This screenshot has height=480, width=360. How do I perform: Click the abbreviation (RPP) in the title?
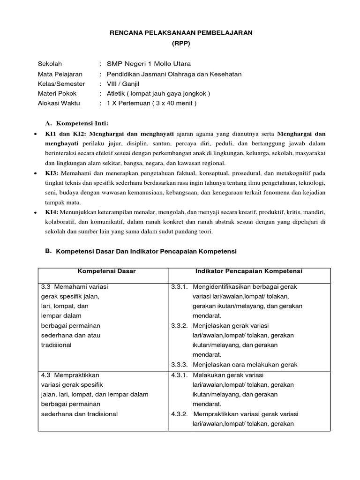(x=180, y=43)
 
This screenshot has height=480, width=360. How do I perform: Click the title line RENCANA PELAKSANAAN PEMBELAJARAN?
(x=180, y=32)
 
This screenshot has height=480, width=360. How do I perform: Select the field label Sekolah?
(x=50, y=64)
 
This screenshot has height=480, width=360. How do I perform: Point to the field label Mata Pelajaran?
(x=60, y=74)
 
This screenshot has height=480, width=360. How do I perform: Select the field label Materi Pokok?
(x=57, y=93)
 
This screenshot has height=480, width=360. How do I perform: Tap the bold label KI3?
(x=51, y=173)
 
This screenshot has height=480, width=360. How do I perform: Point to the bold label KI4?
(x=51, y=212)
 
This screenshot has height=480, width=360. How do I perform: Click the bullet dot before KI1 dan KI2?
(x=36, y=134)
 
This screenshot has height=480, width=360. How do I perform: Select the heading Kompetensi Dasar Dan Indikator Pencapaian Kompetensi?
(x=146, y=251)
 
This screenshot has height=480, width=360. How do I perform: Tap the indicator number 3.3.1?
(x=179, y=286)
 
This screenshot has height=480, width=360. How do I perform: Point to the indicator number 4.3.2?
(x=179, y=414)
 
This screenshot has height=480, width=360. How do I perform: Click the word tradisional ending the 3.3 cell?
(x=56, y=345)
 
